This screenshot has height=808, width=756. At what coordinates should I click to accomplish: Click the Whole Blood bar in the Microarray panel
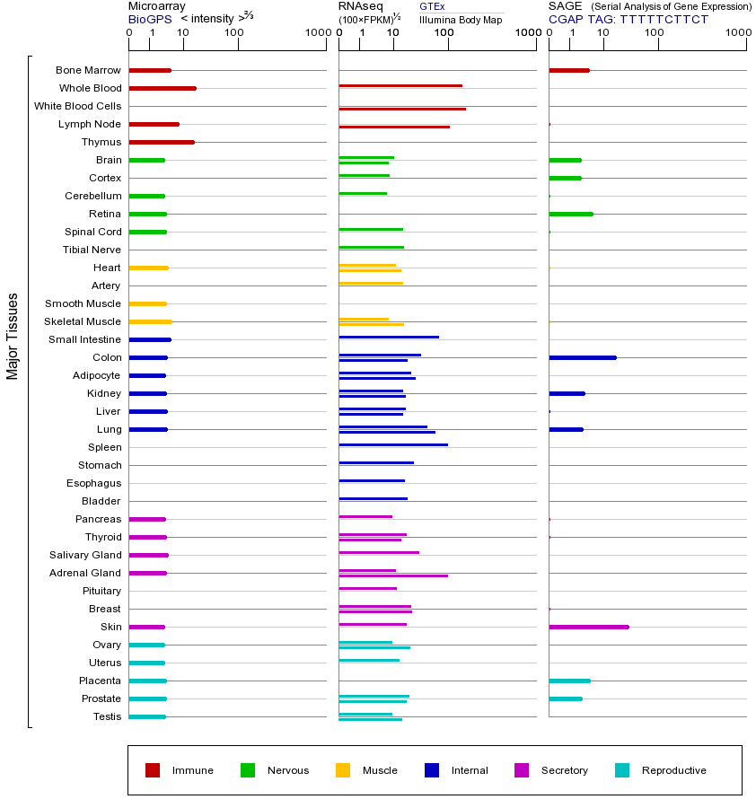click(163, 88)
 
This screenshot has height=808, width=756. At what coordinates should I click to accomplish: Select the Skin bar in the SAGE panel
click(588, 627)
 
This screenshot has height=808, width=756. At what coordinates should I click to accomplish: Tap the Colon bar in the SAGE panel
click(582, 357)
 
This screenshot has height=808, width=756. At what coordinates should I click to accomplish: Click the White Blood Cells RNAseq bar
click(402, 109)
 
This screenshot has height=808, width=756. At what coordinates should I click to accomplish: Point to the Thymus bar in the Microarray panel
click(162, 142)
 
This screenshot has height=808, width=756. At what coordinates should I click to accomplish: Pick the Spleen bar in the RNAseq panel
click(393, 444)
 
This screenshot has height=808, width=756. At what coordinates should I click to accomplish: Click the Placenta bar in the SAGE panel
click(569, 681)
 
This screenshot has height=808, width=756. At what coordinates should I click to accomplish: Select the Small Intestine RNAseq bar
click(389, 337)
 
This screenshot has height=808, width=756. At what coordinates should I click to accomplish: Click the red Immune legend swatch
click(153, 770)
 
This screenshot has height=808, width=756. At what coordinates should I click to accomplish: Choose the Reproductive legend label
click(673, 770)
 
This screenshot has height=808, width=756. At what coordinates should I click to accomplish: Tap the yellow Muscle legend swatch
click(343, 770)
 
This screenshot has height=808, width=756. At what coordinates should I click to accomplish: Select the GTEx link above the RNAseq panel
click(432, 6)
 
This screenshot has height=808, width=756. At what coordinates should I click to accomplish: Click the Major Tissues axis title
click(13, 336)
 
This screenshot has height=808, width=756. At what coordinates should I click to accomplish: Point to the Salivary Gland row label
click(85, 555)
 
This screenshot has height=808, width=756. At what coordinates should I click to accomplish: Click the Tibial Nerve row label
click(92, 250)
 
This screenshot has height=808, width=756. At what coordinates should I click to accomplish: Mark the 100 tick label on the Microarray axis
click(234, 33)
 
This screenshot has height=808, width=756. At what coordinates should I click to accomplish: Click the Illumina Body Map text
click(461, 19)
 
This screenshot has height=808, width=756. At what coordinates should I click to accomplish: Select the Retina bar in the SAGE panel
click(570, 214)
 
